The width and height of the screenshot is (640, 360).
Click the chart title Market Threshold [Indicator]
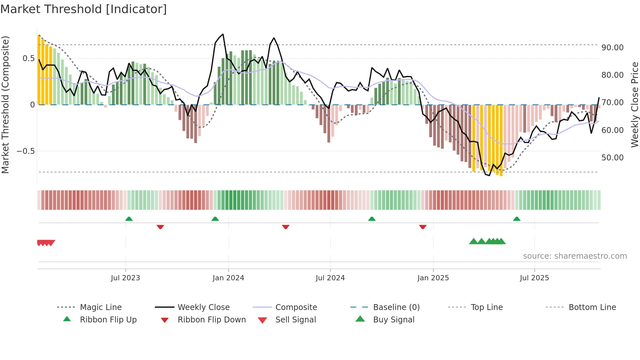tap(84, 9)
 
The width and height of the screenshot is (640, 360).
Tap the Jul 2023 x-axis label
tap(125, 278)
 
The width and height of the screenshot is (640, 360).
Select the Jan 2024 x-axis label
tap(228, 278)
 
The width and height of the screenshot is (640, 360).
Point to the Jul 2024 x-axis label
tap(330, 278)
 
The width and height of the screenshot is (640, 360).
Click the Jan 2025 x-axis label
tap(433, 278)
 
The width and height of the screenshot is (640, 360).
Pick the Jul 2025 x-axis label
tap(534, 278)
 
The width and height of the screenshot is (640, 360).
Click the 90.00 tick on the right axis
tap(613, 48)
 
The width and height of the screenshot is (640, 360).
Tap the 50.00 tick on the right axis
tap(613, 158)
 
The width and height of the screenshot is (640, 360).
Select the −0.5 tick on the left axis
tap(25, 151)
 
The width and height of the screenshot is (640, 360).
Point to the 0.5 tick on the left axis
tap(28, 58)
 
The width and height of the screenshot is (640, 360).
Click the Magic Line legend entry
tap(101, 307)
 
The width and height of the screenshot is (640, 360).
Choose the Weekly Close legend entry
tap(203, 307)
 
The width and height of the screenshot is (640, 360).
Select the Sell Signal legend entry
tap(296, 320)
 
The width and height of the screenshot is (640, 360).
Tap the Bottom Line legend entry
tap(592, 307)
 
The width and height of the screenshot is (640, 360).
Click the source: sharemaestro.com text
tap(575, 256)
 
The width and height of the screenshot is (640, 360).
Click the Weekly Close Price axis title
tap(634, 105)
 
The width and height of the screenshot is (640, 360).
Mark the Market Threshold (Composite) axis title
tap(5, 105)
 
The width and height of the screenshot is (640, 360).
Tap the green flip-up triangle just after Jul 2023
tap(129, 219)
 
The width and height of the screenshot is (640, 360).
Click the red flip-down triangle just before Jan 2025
tap(423, 227)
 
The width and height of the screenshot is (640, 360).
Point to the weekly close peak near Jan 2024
tap(223, 34)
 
